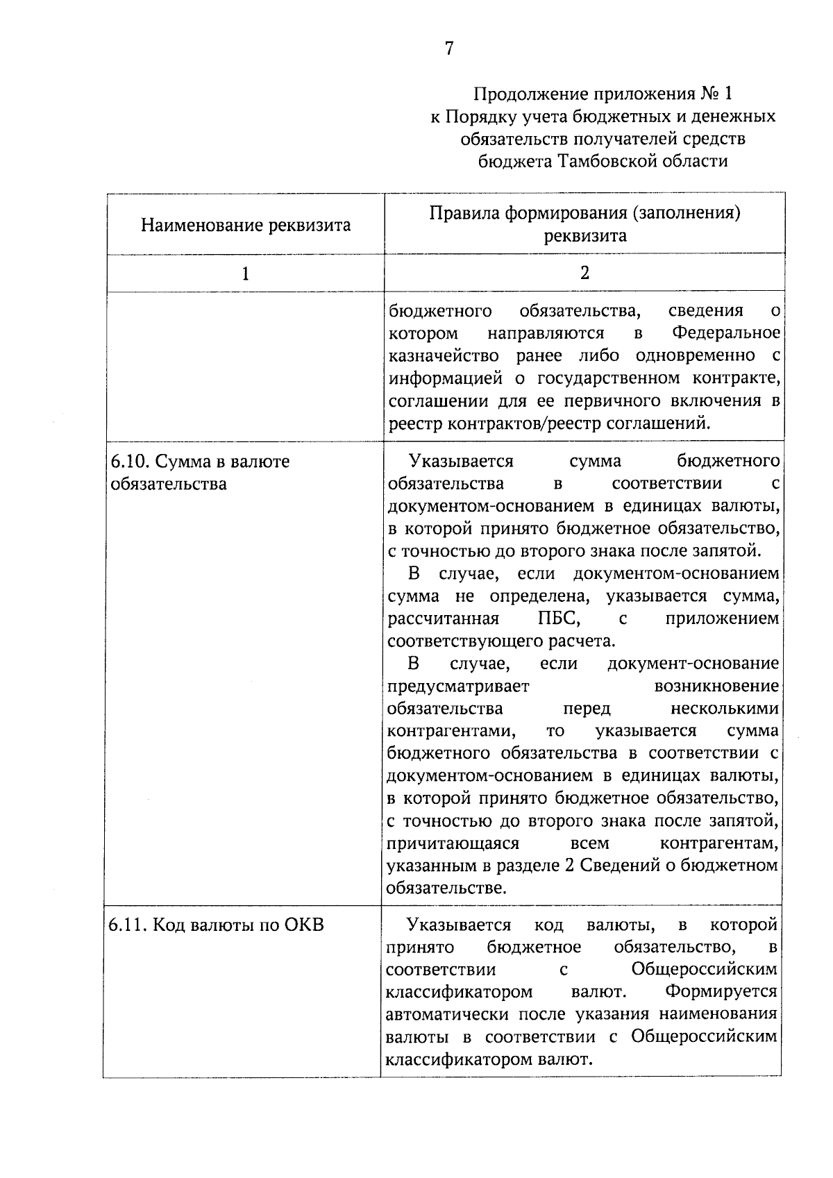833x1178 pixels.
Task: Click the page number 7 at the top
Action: click(x=448, y=49)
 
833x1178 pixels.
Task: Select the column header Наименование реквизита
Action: click(x=246, y=225)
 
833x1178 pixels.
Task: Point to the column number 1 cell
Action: click(x=245, y=274)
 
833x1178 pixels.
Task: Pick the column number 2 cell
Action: click(x=584, y=273)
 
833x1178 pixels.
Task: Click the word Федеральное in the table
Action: click(x=726, y=333)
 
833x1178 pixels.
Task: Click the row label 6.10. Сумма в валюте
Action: click(x=200, y=462)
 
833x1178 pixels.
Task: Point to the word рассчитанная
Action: click(x=444, y=619)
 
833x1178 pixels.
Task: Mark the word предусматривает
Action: click(x=458, y=687)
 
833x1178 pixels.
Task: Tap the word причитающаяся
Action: click(x=453, y=844)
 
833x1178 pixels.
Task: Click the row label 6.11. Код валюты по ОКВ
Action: click(x=217, y=925)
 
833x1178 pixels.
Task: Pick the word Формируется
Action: click(x=721, y=992)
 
